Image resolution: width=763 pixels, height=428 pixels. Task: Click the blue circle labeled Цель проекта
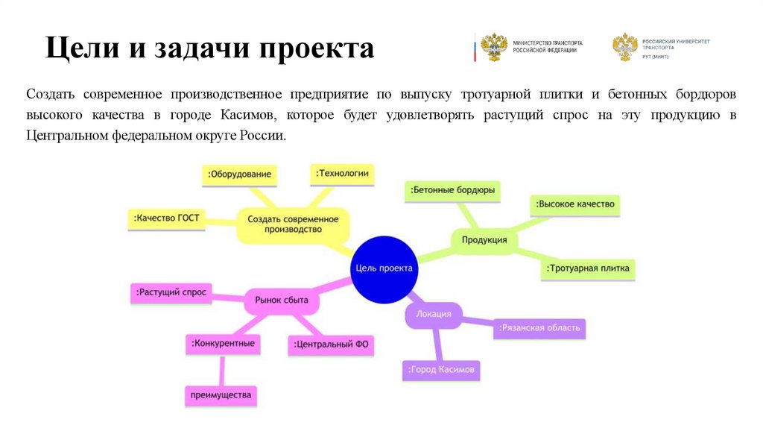point(383,268)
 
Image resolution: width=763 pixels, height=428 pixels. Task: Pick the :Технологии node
point(341,174)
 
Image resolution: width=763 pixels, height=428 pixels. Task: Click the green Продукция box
point(484,240)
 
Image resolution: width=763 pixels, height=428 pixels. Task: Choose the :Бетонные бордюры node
point(452,191)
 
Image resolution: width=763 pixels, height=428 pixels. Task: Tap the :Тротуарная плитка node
point(588,268)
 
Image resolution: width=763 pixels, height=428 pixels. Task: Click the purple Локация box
point(434,314)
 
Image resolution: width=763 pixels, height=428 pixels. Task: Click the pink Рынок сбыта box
point(276,300)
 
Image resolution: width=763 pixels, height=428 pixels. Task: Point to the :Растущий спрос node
point(171,292)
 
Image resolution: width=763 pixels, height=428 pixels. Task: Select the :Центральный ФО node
point(331,344)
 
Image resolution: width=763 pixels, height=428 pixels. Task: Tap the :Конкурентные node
point(223,344)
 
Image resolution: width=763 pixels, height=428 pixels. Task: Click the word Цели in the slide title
point(77,49)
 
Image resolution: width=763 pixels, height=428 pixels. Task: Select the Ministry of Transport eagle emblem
point(493,47)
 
